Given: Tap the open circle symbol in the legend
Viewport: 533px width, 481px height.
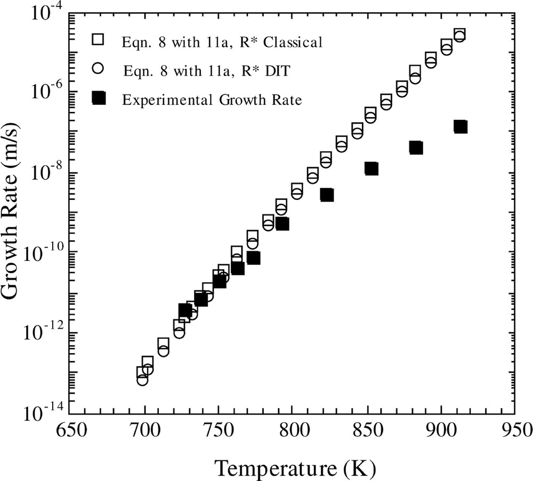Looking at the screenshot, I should pyautogui.click(x=98, y=69).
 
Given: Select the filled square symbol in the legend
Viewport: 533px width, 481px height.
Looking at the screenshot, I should pyautogui.click(x=98, y=98).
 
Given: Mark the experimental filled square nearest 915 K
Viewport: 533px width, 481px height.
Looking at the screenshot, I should pyautogui.click(x=461, y=127).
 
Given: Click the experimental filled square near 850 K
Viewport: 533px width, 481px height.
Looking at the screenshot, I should pyautogui.click(x=372, y=168).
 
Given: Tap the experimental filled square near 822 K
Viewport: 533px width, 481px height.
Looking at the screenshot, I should pyautogui.click(x=327, y=195).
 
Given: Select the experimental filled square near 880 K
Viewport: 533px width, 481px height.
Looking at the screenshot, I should pyautogui.click(x=416, y=148).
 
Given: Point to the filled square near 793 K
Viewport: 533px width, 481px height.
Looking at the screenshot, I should pyautogui.click(x=282, y=224).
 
